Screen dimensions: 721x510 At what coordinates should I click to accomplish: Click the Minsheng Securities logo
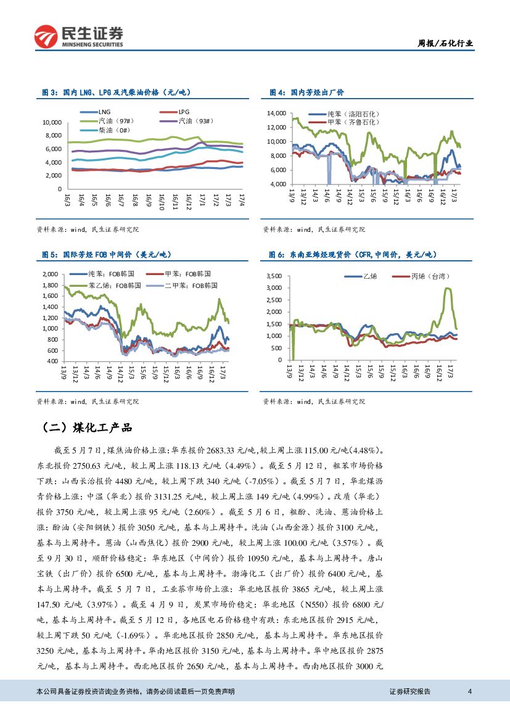[x=79, y=35]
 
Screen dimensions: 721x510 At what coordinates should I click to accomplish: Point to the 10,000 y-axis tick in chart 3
[x=52, y=122]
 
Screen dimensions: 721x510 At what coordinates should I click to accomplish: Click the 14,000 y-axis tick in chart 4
[x=276, y=113]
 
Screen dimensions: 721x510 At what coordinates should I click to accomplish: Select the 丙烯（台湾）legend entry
[x=431, y=276]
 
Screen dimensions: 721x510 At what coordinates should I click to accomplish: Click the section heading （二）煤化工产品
[x=86, y=427]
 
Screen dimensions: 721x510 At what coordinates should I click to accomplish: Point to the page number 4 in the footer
[x=470, y=691]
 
